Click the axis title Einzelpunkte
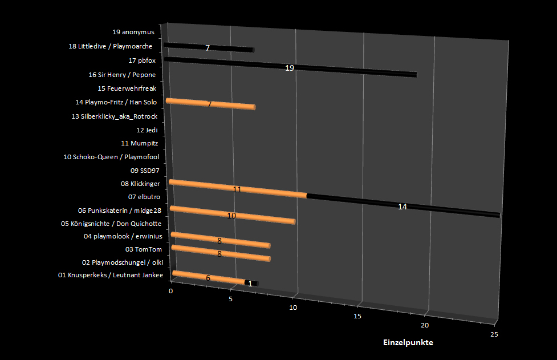tap(408, 342)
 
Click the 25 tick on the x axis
tap(494, 334)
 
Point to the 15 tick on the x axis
tap(357, 315)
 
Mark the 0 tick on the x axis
tap(170, 291)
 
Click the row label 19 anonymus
tap(133, 32)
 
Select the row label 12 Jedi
tap(147, 130)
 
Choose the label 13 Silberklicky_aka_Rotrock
tap(114, 116)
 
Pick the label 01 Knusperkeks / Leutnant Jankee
tap(111, 276)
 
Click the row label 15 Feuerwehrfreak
tap(127, 88)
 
